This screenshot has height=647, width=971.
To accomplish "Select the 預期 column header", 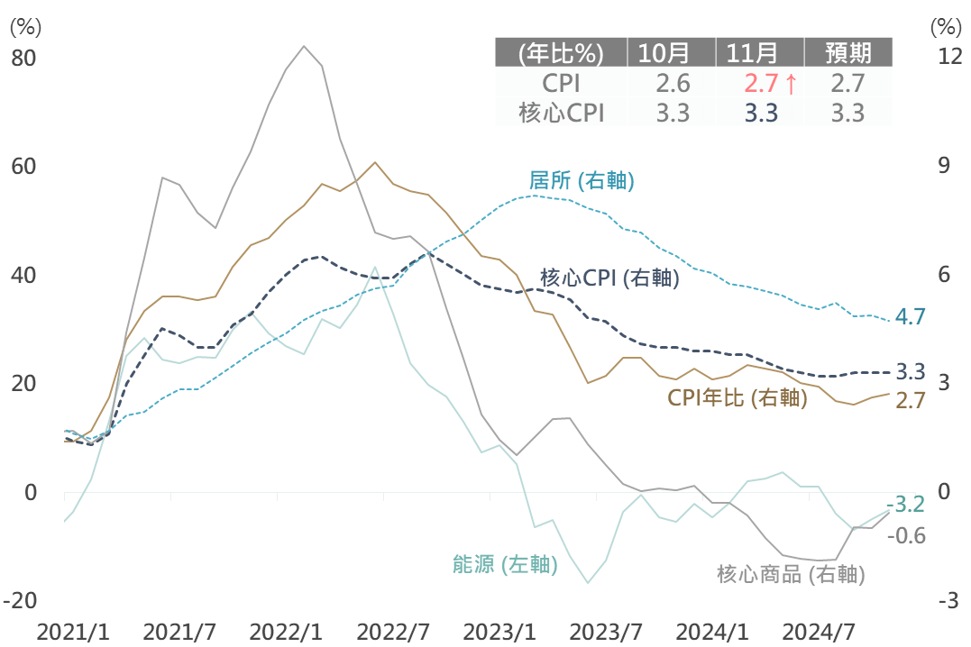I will tap(847, 52).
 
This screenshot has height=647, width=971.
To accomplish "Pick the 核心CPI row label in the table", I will tap(561, 113).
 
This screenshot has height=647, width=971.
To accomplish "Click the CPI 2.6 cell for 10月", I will tap(673, 84).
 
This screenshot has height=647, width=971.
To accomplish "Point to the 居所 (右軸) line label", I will tap(582, 181).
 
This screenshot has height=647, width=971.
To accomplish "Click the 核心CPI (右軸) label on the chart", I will tap(609, 278).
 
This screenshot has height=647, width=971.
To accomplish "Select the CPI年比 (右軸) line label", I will tap(737, 397).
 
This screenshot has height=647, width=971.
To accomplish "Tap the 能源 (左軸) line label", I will tap(504, 565).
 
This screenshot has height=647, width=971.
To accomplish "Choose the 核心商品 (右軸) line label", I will tap(791, 574).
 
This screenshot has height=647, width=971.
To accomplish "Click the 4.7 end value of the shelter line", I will tap(911, 316).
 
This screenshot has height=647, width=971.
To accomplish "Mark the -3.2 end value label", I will tap(905, 505).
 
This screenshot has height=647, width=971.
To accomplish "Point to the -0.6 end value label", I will tap(907, 535).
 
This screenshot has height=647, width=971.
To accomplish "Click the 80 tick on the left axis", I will tap(23, 59).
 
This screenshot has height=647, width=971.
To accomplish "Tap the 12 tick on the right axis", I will tap(949, 57).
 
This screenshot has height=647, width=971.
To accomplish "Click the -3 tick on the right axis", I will tap(948, 601).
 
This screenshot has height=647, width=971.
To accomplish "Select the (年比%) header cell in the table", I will tap(561, 52).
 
